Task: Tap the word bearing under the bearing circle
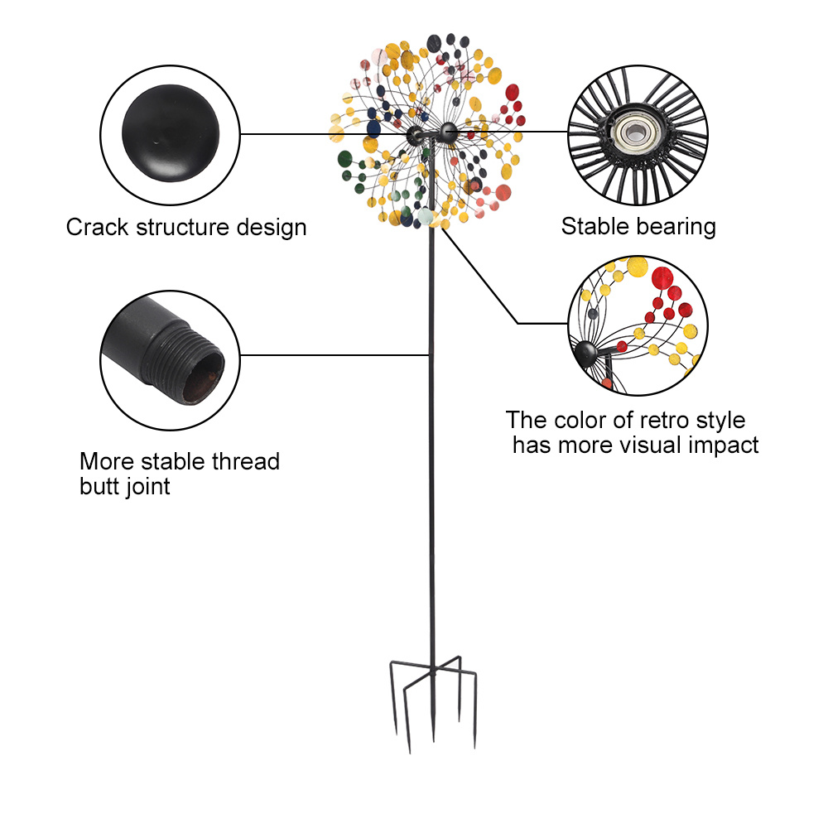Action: (x=675, y=226)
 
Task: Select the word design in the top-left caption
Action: (x=267, y=227)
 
